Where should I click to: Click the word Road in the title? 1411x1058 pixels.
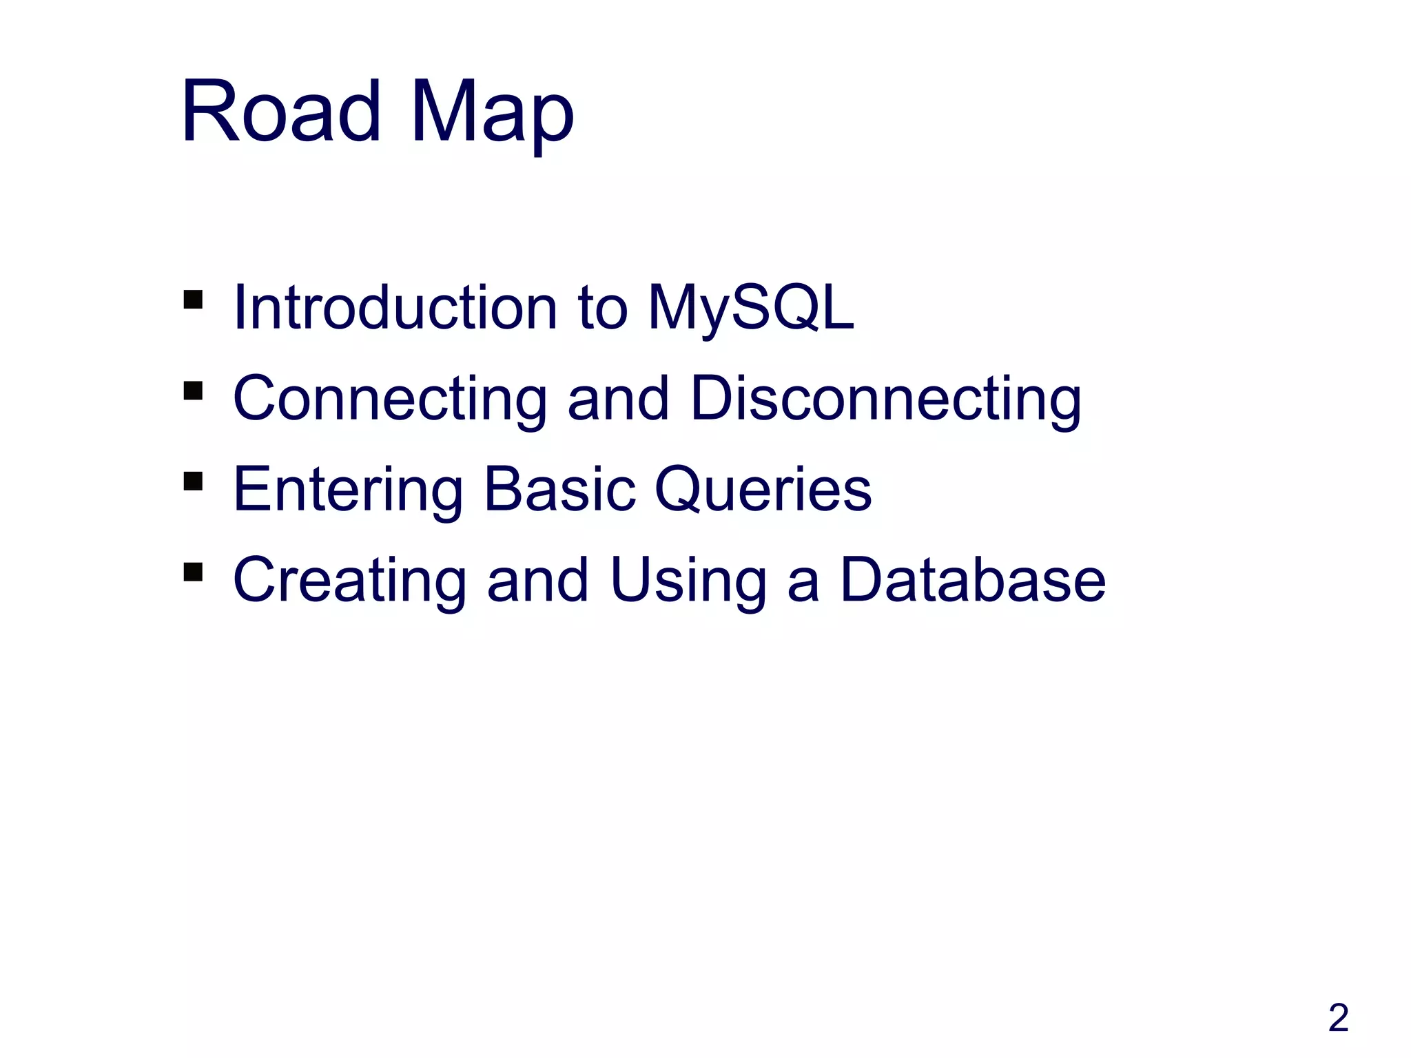(280, 112)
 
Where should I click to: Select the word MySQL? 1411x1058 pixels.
(750, 309)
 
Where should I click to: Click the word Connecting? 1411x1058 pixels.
(390, 400)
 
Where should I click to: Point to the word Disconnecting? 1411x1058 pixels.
(885, 400)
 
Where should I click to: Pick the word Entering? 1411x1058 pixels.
(348, 490)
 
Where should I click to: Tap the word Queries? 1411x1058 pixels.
(763, 490)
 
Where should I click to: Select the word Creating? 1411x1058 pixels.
(349, 581)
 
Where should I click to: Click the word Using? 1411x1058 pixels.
(688, 581)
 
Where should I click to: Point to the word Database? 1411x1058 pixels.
(972, 580)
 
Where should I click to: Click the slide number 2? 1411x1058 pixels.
(1338, 1017)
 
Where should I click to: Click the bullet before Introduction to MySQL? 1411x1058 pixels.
(193, 300)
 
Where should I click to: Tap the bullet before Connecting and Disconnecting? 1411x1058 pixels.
(193, 391)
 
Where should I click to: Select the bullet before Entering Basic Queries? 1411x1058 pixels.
(193, 481)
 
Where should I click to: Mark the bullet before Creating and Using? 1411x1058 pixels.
(193, 572)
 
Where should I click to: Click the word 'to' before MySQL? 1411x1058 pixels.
(603, 309)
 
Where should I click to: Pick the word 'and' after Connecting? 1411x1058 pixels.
(618, 400)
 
